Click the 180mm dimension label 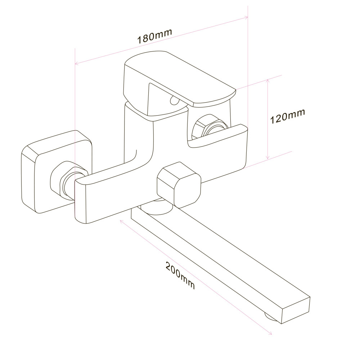[154, 35]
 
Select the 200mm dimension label [180, 275]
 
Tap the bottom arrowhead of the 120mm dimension [267, 158]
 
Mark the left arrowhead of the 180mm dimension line [76, 64]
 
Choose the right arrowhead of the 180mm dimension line [246, 17]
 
